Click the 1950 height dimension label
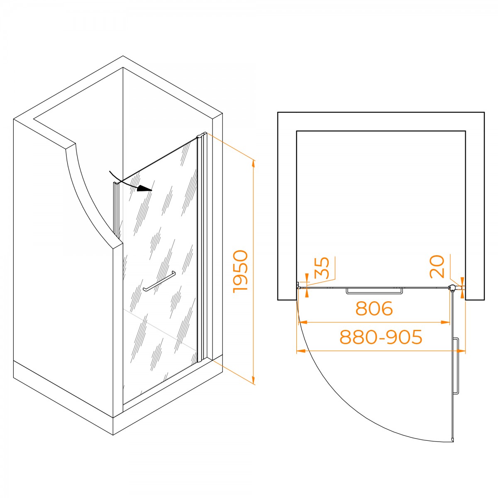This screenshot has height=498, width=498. tap(240, 271)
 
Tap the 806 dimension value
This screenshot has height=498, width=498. tap(374, 308)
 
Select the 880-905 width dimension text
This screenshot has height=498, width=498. tap(381, 337)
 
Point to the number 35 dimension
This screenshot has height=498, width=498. tap(322, 268)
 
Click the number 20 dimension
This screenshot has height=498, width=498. tap(437, 266)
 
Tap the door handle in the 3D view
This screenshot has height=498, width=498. tap(159, 281)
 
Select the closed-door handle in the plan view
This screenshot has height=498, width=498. tap(374, 291)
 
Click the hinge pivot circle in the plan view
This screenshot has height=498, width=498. tap(452, 287)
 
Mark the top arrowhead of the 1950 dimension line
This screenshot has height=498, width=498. tap(254, 165)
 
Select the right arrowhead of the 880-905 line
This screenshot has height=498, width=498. tap(460, 351)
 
